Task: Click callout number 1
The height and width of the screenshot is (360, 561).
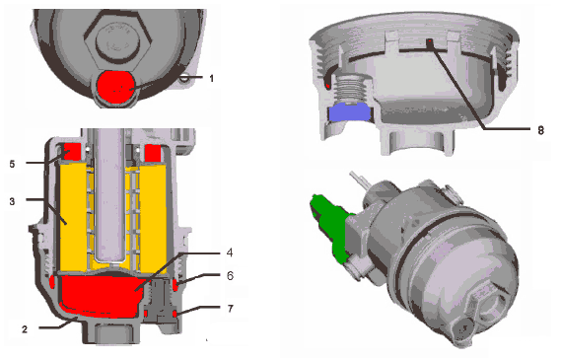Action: coord(211,78)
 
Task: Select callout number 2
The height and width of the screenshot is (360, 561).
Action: coord(25,328)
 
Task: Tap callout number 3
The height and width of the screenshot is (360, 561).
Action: coord(13,201)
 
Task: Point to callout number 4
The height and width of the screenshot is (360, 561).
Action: coord(230,252)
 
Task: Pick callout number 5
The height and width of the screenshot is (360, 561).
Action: coord(13,164)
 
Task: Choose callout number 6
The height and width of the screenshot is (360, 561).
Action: coord(230,275)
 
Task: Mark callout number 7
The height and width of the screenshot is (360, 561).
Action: coord(230,308)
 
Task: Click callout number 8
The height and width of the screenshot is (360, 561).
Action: coord(540,130)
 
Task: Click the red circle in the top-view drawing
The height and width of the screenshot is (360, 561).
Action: coord(116,87)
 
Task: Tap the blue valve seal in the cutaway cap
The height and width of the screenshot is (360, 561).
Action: coord(350,112)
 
